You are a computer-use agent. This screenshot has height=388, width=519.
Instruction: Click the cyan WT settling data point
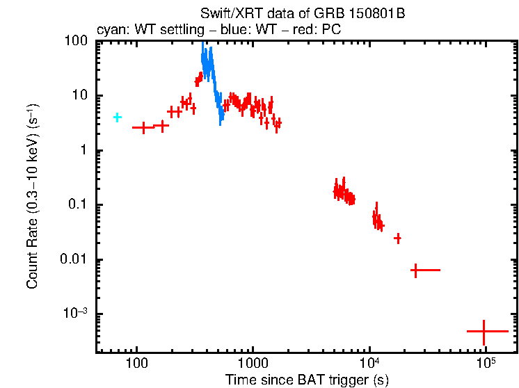click(118, 117)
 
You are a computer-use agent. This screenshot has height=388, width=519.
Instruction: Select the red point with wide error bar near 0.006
click(416, 269)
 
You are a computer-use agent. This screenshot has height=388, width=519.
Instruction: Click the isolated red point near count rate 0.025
click(397, 238)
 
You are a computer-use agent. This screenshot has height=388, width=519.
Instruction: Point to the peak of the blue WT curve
click(202, 45)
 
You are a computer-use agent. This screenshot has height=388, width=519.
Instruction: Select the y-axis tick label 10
click(80, 96)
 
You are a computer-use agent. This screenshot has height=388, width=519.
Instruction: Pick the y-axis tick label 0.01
click(75, 259)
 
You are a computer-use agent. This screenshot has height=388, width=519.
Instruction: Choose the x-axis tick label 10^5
click(486, 363)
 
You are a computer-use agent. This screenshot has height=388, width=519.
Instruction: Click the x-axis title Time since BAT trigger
click(307, 380)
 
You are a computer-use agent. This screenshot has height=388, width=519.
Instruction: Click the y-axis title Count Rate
click(33, 196)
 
